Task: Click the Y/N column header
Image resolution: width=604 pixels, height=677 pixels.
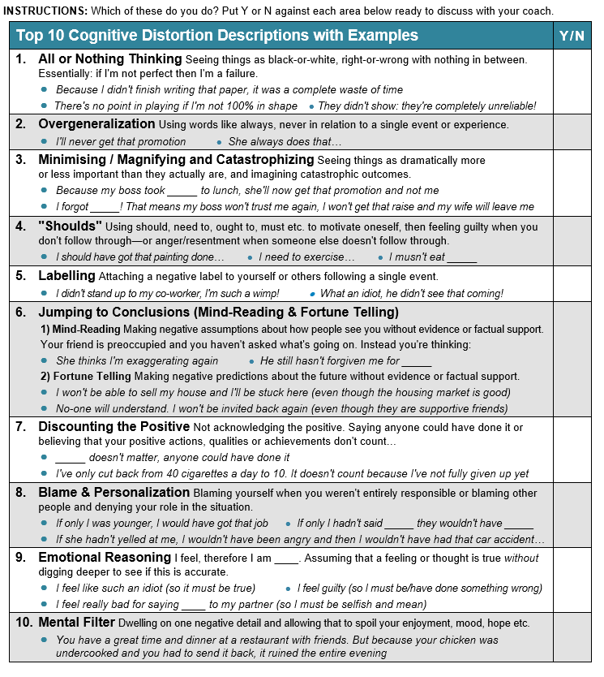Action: tap(573, 36)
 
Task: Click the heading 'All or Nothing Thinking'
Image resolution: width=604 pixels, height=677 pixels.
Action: tap(109, 59)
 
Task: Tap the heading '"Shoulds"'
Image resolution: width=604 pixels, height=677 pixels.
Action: tap(71, 226)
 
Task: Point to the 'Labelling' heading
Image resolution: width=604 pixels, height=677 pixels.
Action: tap(66, 276)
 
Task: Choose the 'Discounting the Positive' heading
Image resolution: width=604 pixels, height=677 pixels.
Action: tap(114, 426)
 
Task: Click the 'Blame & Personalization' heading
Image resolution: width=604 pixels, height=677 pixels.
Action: tap(114, 492)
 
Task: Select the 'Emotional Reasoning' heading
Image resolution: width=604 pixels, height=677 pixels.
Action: tap(105, 557)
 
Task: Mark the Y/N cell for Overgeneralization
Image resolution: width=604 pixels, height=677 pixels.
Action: tap(573, 132)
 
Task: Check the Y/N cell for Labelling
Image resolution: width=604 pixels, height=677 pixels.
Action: tap(573, 284)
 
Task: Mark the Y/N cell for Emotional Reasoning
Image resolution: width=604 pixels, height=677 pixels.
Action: tap(573, 580)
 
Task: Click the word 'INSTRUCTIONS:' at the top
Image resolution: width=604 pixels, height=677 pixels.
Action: tap(45, 11)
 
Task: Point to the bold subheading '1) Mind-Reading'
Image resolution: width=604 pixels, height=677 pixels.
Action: tap(80, 329)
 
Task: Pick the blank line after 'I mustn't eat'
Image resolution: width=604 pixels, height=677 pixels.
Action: tap(462, 258)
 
